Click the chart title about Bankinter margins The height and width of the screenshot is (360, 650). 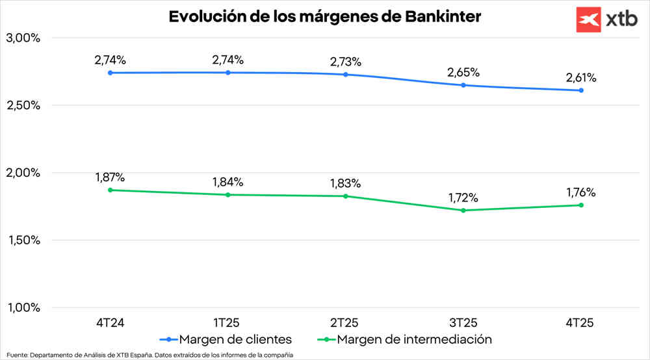pyautogui.click(x=325, y=16)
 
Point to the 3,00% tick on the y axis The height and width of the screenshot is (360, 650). pyautogui.click(x=23, y=38)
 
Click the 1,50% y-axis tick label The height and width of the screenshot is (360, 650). pyautogui.click(x=23, y=240)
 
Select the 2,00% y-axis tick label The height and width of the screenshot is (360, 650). pyautogui.click(x=23, y=173)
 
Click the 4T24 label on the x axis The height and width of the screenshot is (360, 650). pyautogui.click(x=110, y=322)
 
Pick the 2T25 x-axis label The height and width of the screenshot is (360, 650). pyautogui.click(x=345, y=322)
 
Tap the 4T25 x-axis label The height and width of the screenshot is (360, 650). pyautogui.click(x=580, y=322)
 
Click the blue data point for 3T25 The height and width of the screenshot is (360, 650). pyautogui.click(x=463, y=85)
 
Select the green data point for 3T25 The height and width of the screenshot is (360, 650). pyautogui.click(x=463, y=211)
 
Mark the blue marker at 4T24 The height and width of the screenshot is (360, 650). pyautogui.click(x=110, y=73)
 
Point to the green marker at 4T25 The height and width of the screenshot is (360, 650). pyautogui.click(x=580, y=205)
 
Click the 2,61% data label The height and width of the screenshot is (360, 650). pyautogui.click(x=580, y=78)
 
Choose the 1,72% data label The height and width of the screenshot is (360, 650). pyautogui.click(x=463, y=198)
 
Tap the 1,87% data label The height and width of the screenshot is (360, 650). pyautogui.click(x=110, y=177)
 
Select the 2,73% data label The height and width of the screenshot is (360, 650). pyautogui.click(x=345, y=62)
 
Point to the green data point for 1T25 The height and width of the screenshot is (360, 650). pyautogui.click(x=227, y=195)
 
